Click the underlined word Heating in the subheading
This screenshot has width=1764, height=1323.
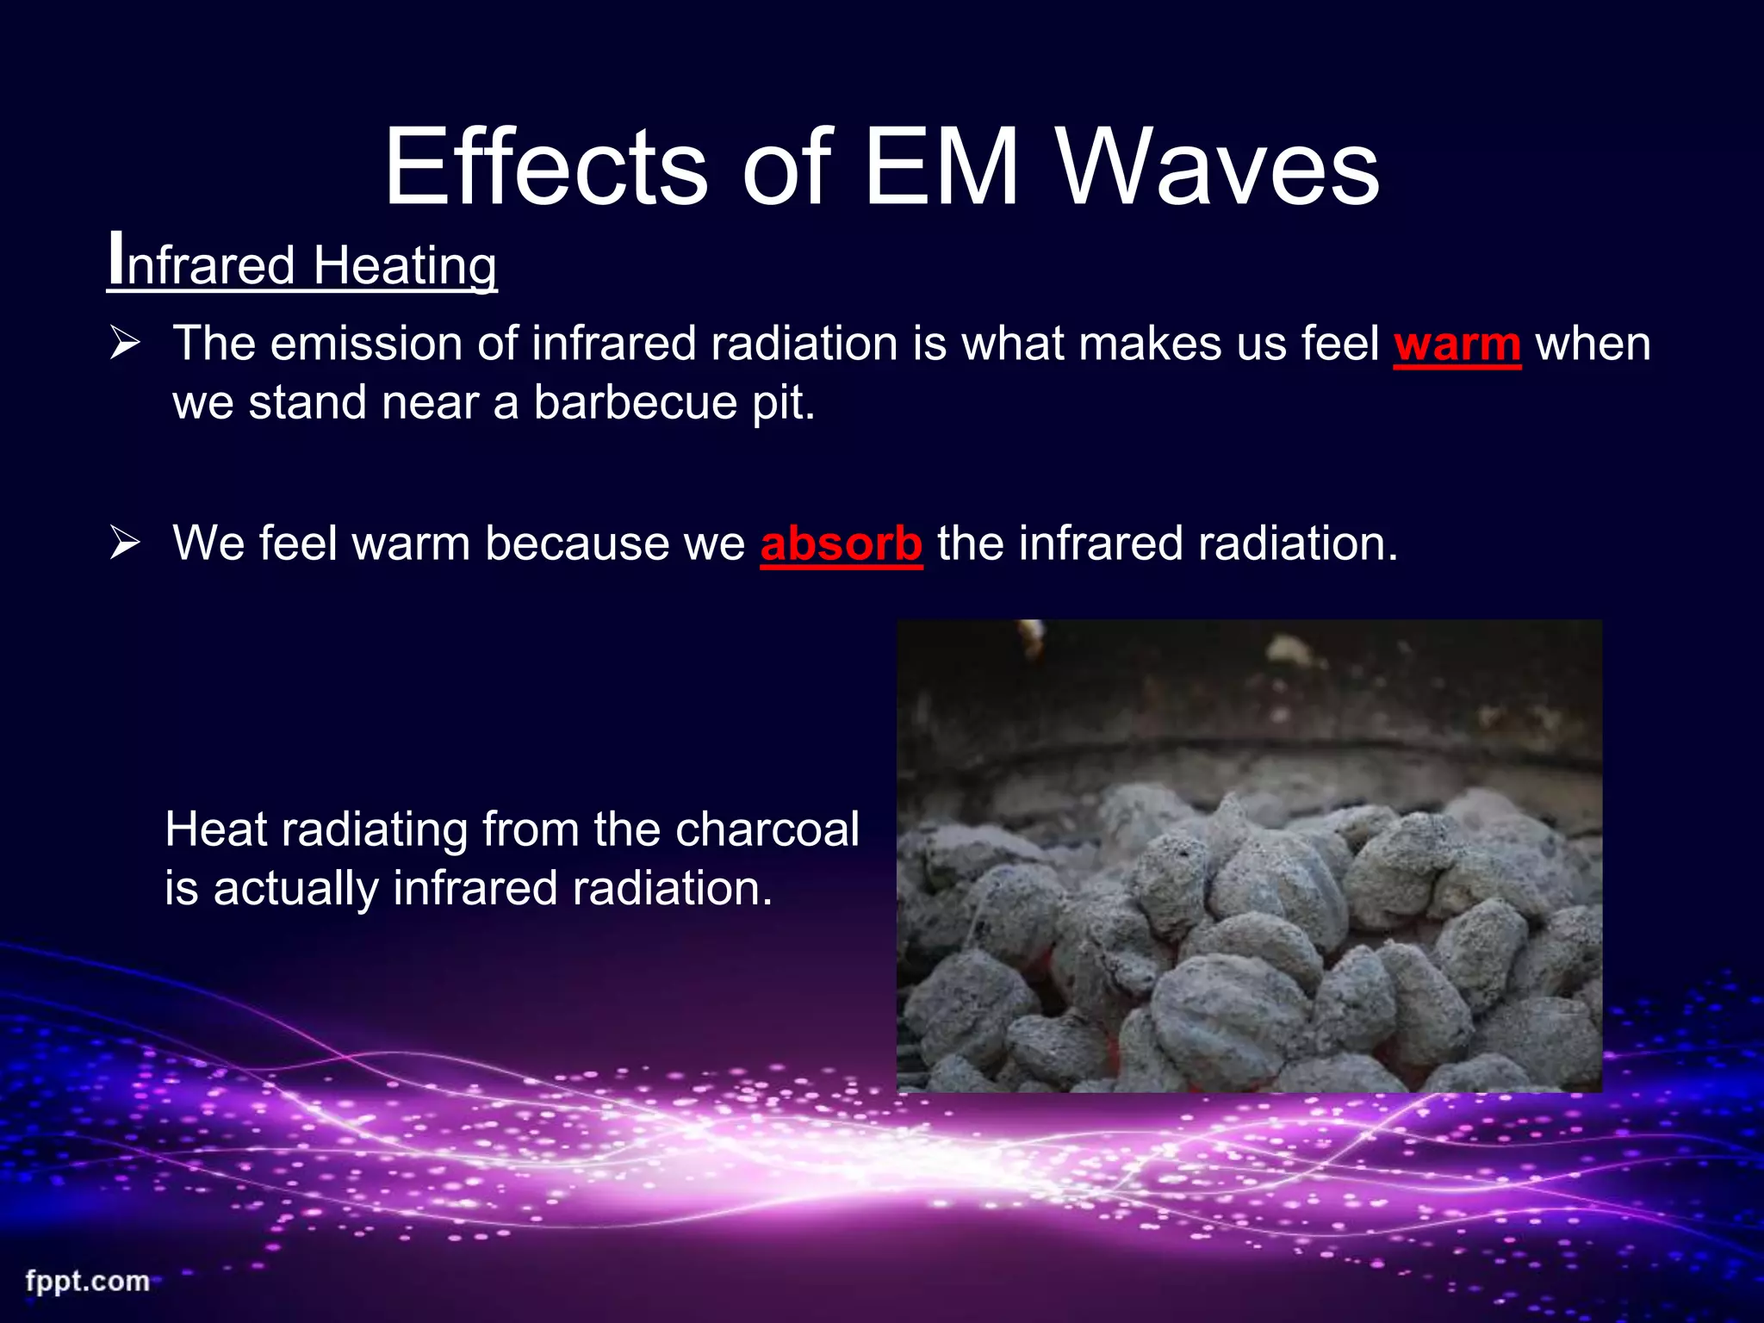tap(405, 265)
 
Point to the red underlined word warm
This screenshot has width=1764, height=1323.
tap(1457, 345)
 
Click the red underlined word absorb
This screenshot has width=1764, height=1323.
tap(841, 544)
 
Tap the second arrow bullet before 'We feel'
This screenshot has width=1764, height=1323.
tap(125, 544)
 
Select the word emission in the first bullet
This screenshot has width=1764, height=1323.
tap(366, 345)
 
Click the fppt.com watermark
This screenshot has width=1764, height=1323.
tap(87, 1281)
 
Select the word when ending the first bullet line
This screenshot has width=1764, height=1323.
tap(1593, 345)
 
